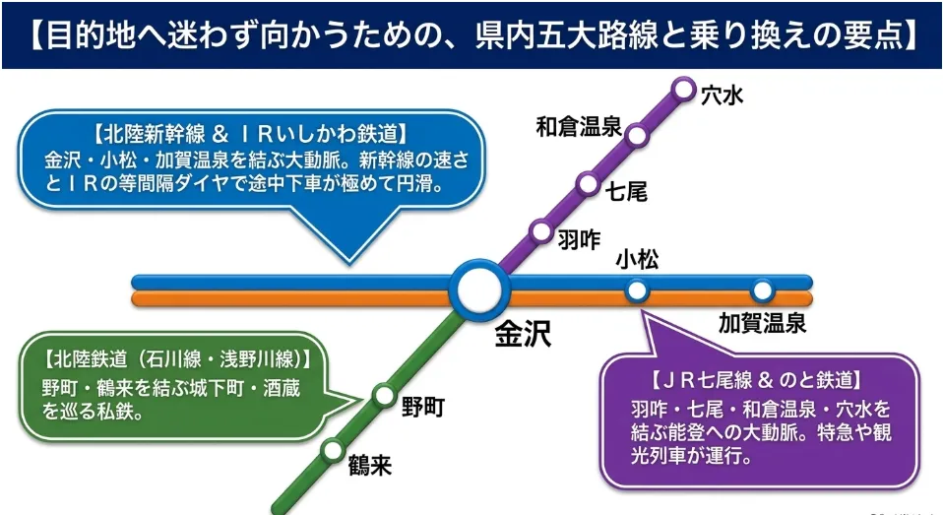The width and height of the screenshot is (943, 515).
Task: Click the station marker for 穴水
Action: [x=683, y=90]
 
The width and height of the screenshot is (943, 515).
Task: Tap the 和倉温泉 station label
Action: [x=579, y=127]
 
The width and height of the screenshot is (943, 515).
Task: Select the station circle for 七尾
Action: [x=588, y=183]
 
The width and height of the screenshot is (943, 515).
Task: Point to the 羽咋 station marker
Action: [x=541, y=231]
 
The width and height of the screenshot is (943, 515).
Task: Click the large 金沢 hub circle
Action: [x=479, y=290]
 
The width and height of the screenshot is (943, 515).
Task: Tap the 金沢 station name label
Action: [x=523, y=334]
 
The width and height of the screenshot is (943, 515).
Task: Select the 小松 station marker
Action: [x=636, y=291]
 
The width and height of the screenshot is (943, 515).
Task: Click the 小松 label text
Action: [x=637, y=260]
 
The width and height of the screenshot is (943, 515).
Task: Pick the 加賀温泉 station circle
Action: [x=762, y=291]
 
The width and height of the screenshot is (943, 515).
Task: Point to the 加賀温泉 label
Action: [x=762, y=324]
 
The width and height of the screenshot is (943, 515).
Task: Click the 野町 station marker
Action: [x=384, y=396]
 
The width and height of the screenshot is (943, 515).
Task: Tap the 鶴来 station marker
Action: [x=332, y=450]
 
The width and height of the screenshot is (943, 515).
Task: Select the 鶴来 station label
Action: [x=370, y=466]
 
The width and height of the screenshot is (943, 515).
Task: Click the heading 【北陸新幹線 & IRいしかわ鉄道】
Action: [x=251, y=134]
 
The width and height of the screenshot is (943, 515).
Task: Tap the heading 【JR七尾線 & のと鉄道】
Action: [x=757, y=380]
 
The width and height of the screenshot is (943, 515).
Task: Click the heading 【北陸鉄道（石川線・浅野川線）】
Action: [x=178, y=359]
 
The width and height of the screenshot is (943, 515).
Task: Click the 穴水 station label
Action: [x=723, y=96]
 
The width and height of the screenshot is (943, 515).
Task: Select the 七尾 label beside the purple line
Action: [x=626, y=192]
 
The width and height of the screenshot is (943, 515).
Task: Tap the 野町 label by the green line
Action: [x=423, y=408]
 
